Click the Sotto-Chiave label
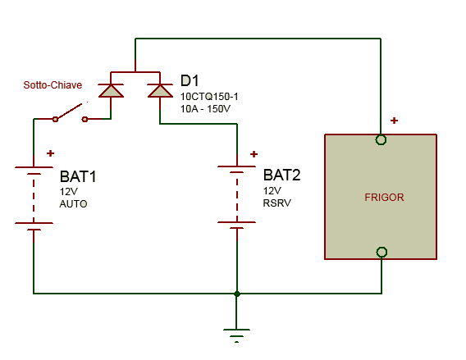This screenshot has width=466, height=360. click(x=53, y=85)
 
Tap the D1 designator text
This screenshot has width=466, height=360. click(x=190, y=80)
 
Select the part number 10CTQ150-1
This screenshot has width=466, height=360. click(x=209, y=97)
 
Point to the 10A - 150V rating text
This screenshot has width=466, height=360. click(x=205, y=109)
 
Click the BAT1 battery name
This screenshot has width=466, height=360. click(x=78, y=176)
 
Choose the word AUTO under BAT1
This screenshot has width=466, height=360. click(x=73, y=203)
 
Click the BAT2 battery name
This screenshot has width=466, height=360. click(x=281, y=175)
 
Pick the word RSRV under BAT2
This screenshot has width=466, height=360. click(x=277, y=203)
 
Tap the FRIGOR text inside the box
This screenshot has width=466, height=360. click(x=384, y=198)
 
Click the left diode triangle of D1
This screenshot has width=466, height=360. click(x=111, y=90)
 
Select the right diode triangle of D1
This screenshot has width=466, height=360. click(x=160, y=90)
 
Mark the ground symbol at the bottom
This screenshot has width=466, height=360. click(x=236, y=335)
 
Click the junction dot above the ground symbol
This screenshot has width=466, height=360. click(x=237, y=294)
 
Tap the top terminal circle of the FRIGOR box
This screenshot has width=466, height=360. click(x=381, y=139)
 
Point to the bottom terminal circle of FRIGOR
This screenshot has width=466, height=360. click(x=381, y=253)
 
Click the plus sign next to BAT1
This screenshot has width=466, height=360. click(x=51, y=153)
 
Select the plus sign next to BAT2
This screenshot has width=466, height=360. click(x=254, y=154)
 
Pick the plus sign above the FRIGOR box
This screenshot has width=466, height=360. click(x=394, y=121)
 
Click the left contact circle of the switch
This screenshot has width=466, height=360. click(x=55, y=119)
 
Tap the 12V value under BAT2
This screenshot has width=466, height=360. click(x=272, y=191)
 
